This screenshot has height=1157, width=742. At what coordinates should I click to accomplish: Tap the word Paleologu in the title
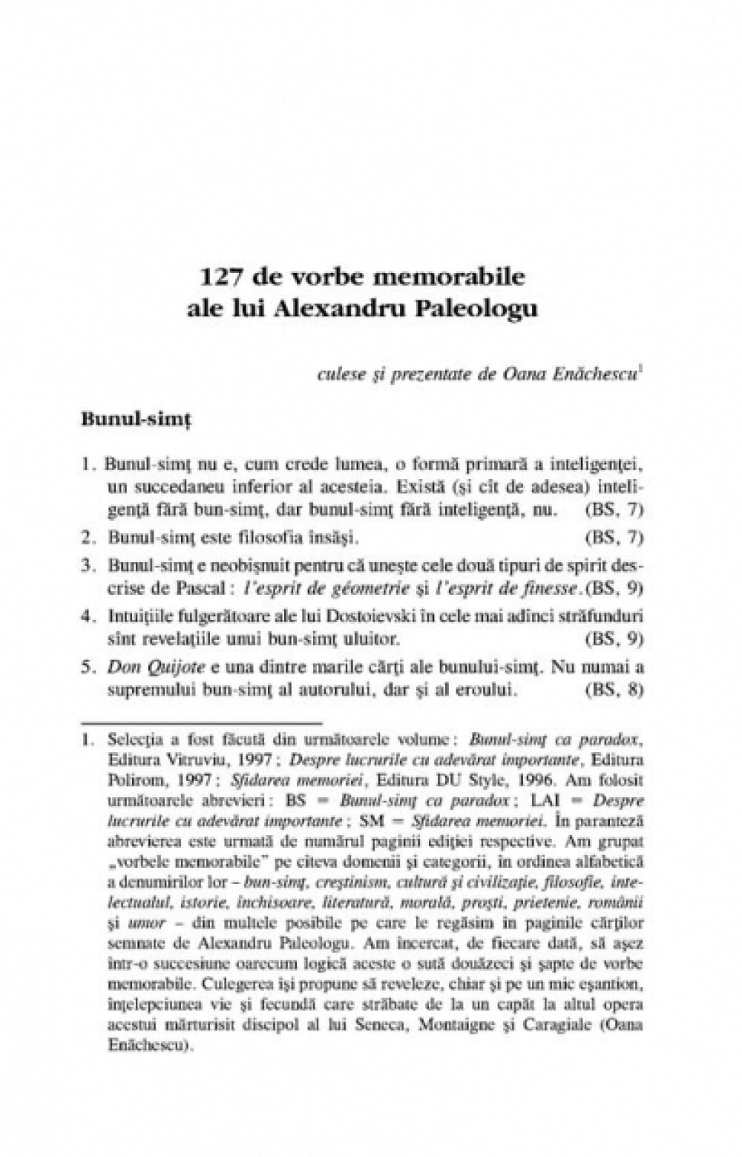tap(487, 308)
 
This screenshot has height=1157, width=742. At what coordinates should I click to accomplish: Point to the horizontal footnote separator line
tap(201, 721)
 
